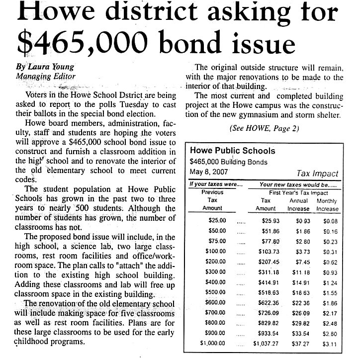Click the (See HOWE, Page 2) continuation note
coord(264,128)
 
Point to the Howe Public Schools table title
coord(233,151)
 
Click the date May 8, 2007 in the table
coord(209,172)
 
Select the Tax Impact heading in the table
coord(317,173)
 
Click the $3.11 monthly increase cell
coord(329,343)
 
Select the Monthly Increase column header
coord(327,204)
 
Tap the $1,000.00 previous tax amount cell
coord(212,343)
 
